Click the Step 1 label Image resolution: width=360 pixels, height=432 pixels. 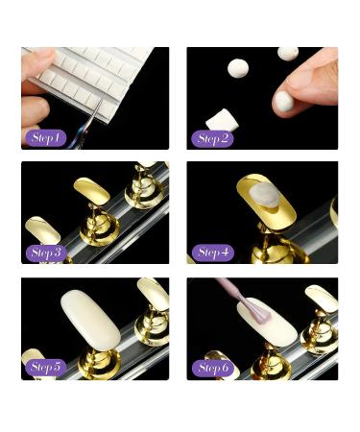click(x=44, y=138)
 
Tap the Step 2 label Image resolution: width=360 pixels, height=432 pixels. click(x=212, y=138)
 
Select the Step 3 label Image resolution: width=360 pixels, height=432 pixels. click(x=44, y=252)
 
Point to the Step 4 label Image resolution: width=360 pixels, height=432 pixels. click(x=212, y=252)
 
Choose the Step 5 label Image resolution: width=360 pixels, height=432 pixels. click(x=44, y=367)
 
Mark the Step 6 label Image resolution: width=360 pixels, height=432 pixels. click(x=212, y=367)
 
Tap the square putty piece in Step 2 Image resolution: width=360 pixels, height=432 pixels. click(x=222, y=120)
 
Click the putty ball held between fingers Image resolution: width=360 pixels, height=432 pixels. click(x=284, y=100)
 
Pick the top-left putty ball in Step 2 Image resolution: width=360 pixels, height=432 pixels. click(x=238, y=67)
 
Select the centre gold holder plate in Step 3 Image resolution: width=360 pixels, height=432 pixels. click(x=92, y=192)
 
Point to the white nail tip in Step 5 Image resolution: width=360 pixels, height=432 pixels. click(x=89, y=318)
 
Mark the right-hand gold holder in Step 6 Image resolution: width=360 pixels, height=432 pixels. click(x=319, y=317)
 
